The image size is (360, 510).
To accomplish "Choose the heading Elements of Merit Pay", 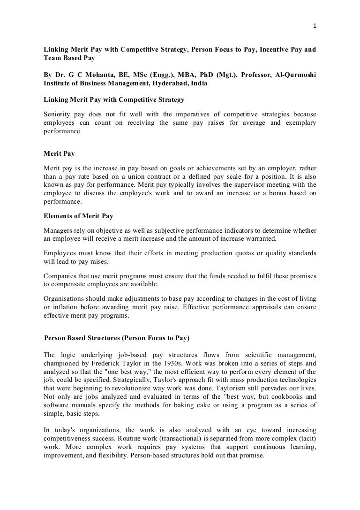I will [x=78, y=216].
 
